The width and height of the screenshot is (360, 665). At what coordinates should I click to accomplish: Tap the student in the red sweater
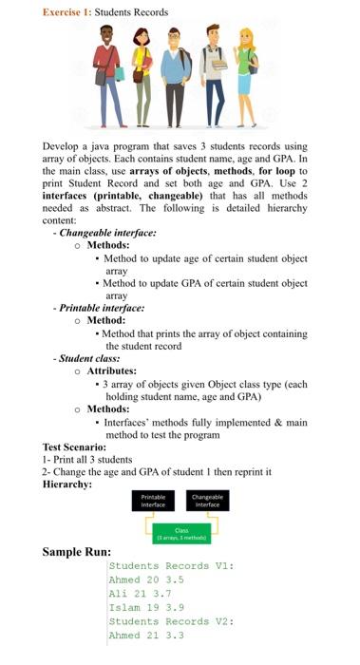pos(108,71)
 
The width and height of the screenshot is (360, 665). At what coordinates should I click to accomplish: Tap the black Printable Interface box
pos(153,500)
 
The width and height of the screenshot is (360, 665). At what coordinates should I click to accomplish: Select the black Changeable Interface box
pos(206,500)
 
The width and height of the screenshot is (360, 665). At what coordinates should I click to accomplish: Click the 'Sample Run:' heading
pos(77,552)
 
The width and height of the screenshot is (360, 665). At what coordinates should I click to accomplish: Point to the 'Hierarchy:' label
pos(69,484)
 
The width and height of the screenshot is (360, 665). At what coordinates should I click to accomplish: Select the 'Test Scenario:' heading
pos(79,446)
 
